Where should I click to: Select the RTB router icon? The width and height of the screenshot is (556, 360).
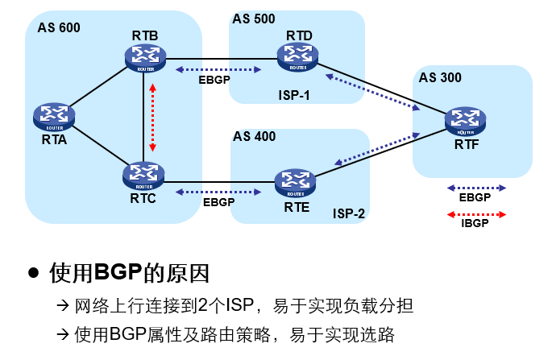[145, 56]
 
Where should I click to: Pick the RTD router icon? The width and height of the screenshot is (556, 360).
[298, 56]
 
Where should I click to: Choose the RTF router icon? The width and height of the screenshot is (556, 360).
[465, 121]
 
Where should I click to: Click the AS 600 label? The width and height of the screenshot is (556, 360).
[59, 28]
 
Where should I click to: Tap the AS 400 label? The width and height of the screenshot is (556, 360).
[255, 136]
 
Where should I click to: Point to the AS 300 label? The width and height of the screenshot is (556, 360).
[440, 77]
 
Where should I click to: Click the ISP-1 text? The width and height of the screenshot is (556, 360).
[294, 96]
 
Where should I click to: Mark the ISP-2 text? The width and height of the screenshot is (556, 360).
[349, 214]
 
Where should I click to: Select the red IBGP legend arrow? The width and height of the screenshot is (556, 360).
[476, 213]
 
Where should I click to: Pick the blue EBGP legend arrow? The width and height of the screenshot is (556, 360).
[476, 187]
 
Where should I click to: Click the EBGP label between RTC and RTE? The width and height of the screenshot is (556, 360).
[218, 202]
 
